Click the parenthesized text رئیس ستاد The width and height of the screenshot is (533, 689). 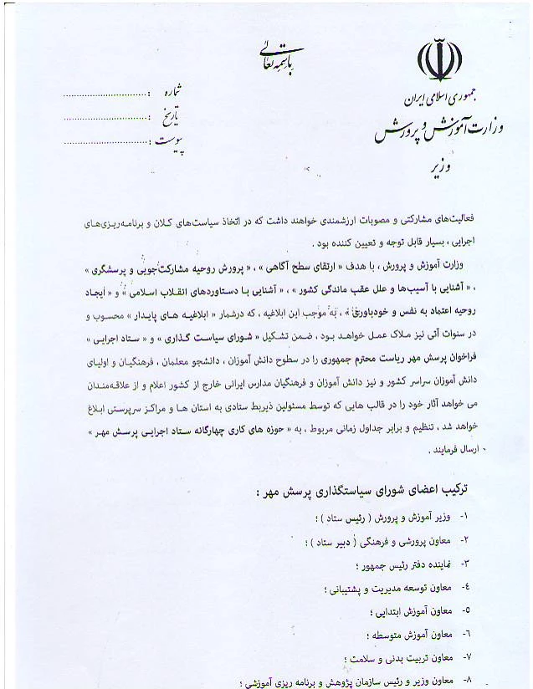337,519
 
